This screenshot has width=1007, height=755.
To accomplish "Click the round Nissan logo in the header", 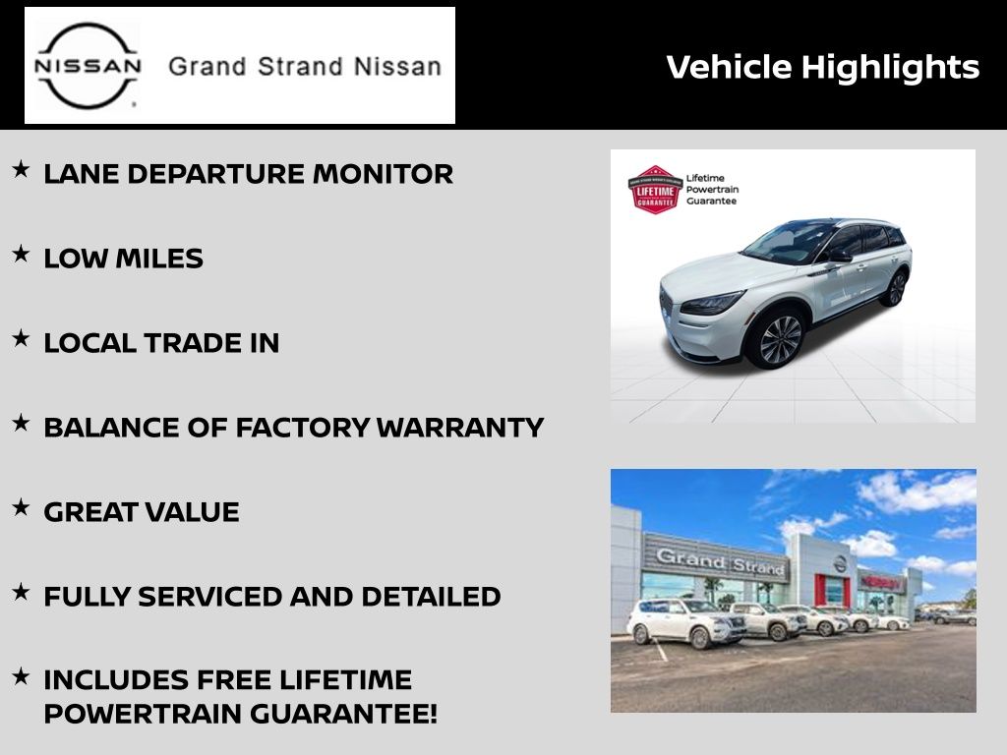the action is [x=88, y=66].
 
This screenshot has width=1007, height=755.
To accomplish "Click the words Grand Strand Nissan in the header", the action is [x=305, y=67].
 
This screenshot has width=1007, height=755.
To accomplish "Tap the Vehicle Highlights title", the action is [x=823, y=68].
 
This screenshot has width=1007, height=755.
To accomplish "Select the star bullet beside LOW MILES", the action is [x=22, y=254].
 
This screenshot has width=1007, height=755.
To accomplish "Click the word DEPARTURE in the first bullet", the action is [x=215, y=174].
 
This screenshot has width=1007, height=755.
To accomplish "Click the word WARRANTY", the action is [x=460, y=428].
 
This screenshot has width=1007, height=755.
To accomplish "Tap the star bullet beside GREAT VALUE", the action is [x=22, y=507].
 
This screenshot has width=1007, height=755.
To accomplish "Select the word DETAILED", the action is [x=431, y=597].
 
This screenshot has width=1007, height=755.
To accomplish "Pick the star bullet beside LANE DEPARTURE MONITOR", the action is [x=22, y=169].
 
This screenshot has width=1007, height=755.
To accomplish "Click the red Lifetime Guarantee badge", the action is [x=655, y=190].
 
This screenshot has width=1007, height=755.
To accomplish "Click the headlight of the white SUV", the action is [x=712, y=303].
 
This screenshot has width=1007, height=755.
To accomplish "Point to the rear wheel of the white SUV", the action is [x=896, y=288].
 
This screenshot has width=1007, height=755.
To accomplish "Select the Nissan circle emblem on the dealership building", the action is [x=840, y=563].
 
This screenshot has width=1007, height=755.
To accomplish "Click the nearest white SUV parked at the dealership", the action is [x=685, y=622].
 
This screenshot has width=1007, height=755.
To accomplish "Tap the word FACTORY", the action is [x=303, y=428].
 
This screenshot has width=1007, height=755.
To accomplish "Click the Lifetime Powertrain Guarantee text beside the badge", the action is [x=712, y=190].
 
